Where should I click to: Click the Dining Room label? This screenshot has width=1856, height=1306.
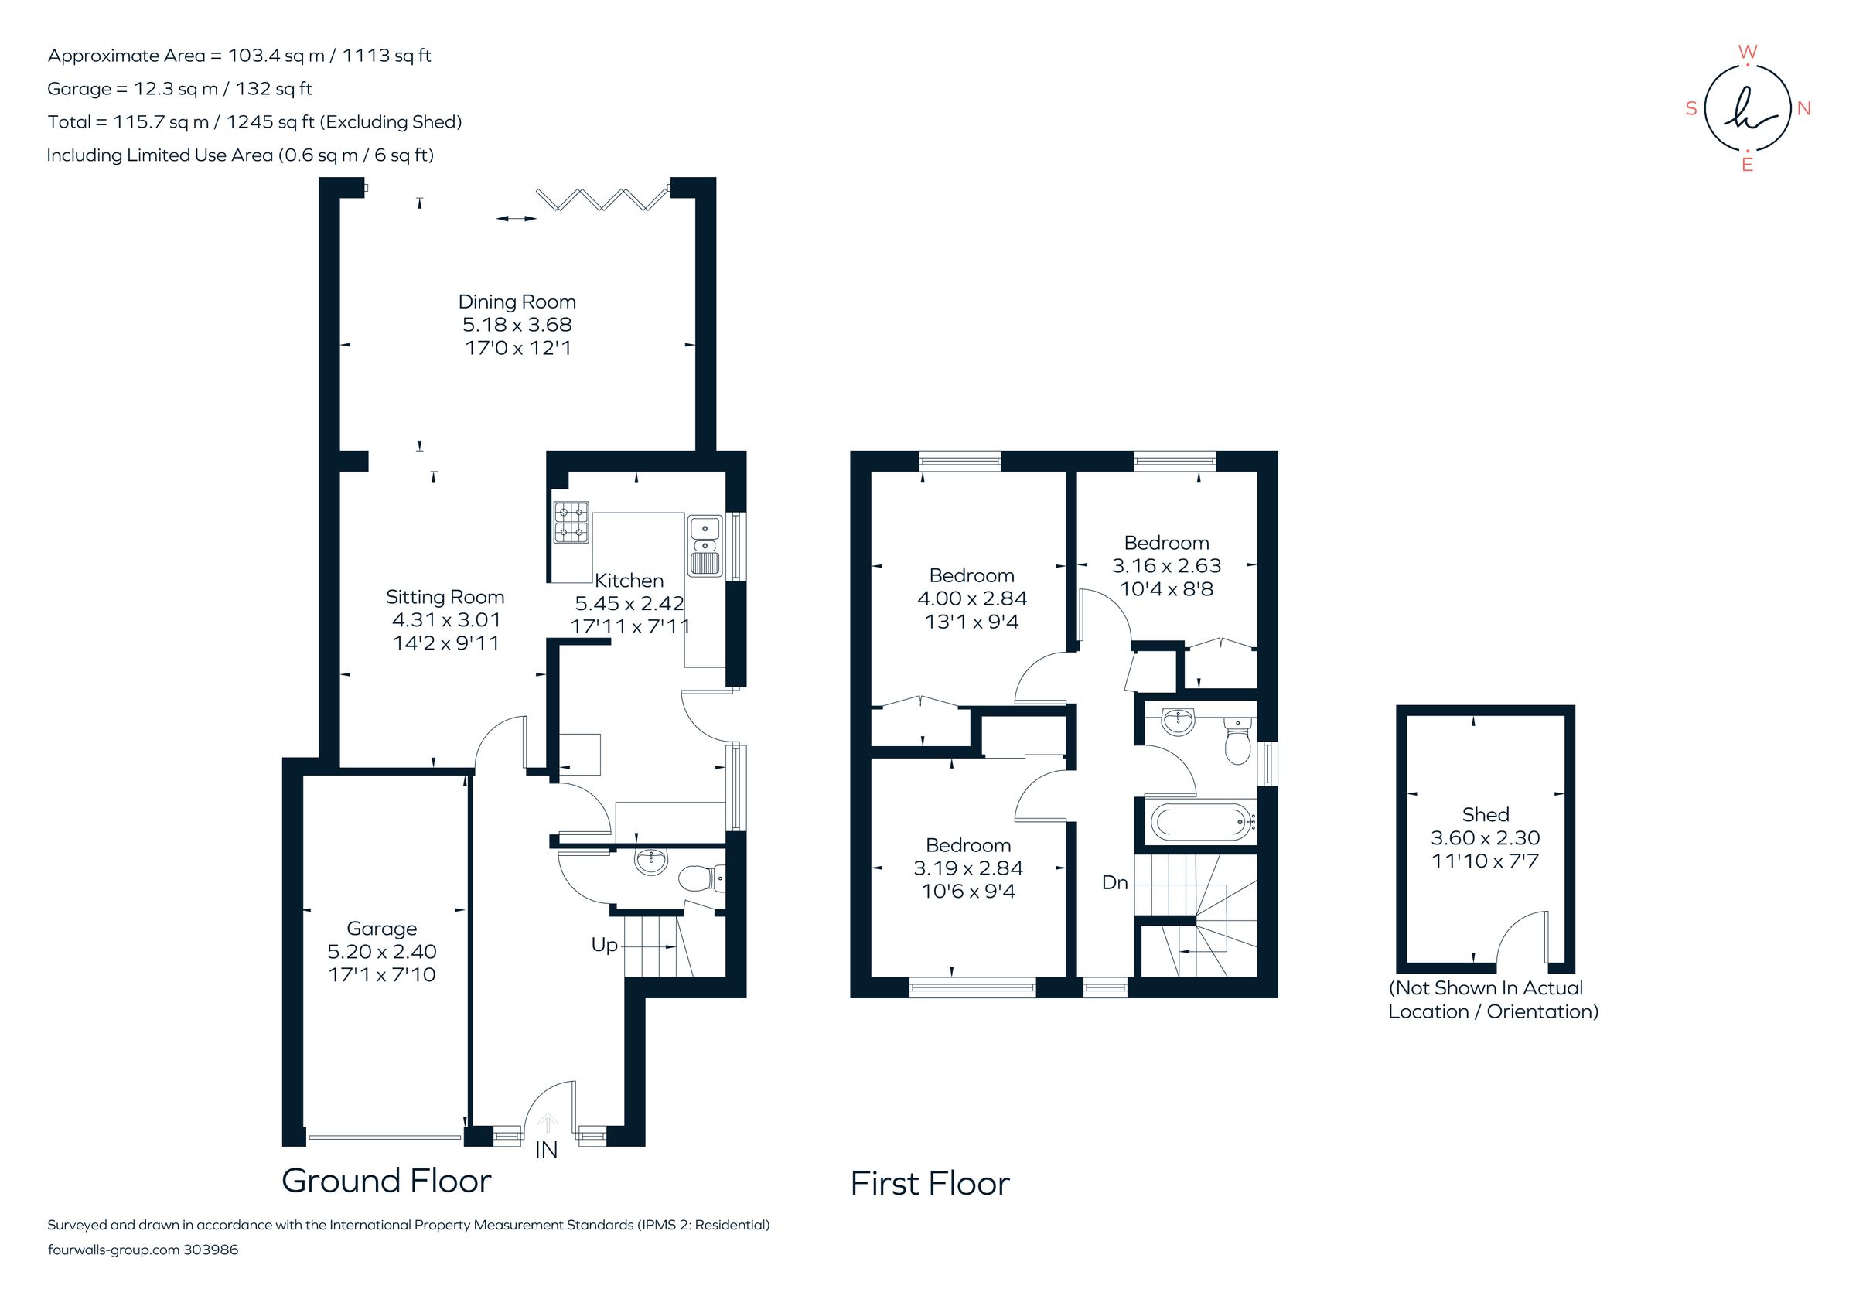[x=517, y=302]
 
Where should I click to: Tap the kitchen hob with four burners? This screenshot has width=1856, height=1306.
[x=571, y=522]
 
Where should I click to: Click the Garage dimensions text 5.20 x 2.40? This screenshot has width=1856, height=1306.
[x=381, y=951]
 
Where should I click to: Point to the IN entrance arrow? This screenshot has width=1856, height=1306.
[x=548, y=1124]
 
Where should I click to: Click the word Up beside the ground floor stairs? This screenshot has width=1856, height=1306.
[x=604, y=945]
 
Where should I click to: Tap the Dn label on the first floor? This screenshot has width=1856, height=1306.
[x=1114, y=882]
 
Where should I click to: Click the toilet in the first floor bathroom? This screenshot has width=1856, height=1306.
[x=1237, y=741]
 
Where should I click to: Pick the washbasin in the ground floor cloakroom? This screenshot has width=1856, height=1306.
[x=652, y=861]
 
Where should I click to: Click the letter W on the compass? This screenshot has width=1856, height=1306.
[x=1747, y=53]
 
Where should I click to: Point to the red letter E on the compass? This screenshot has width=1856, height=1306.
[x=1747, y=165]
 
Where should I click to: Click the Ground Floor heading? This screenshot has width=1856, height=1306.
[x=386, y=1181]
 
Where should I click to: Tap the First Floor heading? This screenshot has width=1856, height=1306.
[x=930, y=1184]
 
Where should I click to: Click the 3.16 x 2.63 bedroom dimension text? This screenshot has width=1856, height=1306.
[x=1165, y=566]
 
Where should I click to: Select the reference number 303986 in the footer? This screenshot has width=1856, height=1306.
[x=211, y=1250]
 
